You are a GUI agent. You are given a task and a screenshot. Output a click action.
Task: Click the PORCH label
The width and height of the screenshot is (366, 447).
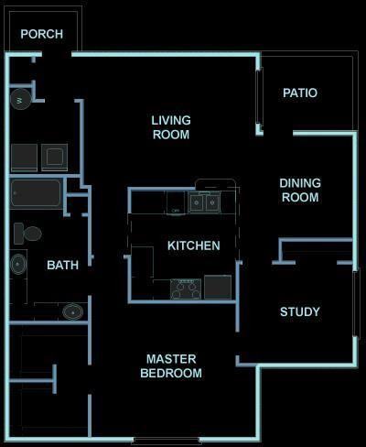pos(42,34)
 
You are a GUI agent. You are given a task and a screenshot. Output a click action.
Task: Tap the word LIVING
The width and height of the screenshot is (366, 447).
pos(170,120)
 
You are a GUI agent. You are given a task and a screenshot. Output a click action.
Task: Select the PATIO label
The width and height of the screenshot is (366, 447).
pos(300,93)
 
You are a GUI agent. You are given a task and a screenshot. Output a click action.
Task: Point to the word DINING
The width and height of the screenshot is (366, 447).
pos(300,183)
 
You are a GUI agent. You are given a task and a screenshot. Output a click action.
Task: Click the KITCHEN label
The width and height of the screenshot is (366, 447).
pos(193,245)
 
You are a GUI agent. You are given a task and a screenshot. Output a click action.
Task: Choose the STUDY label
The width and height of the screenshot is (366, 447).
pos(300,312)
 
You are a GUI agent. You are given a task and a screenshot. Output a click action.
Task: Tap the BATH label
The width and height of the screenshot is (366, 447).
pos(63,266)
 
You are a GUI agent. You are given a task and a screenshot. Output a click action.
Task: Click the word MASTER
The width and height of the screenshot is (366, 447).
pos(171,359)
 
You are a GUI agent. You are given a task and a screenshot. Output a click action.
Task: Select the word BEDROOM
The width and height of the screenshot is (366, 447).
pos(171,373)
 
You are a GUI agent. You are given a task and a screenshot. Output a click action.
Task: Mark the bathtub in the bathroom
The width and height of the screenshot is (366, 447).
pos(37,194)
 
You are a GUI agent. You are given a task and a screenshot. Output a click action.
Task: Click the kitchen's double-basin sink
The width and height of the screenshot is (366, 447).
pos(204,202)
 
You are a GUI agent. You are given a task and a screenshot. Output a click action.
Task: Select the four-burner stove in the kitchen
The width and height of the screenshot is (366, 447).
pos(186,289)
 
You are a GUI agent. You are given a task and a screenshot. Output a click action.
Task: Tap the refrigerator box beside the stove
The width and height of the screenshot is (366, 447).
pos(218,288)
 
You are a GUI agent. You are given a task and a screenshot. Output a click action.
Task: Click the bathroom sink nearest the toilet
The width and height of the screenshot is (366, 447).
pos(18,265)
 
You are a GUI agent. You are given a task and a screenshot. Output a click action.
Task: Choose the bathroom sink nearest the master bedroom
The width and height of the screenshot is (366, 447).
pos(73,312)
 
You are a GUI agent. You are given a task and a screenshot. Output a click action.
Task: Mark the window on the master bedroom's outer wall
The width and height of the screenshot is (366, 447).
pos(166,441)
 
